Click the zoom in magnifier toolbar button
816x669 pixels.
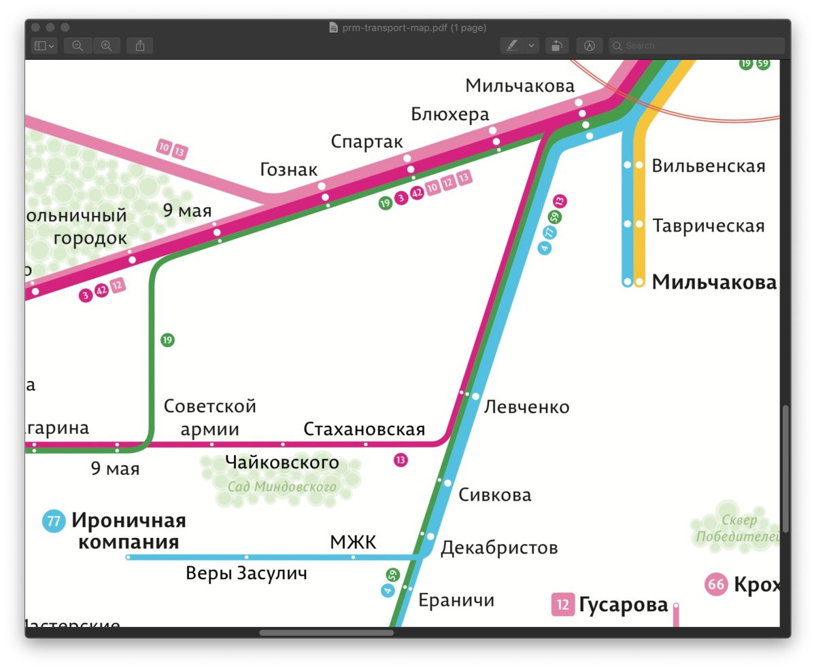[x=107, y=46]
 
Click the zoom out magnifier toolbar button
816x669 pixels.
[x=78, y=46]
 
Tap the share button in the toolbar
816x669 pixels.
[x=140, y=46]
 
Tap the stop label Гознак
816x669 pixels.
[x=288, y=170]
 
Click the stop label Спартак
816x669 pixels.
[x=367, y=141]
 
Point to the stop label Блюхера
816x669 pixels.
[x=449, y=115]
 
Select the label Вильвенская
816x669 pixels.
[x=708, y=166]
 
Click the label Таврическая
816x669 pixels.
[x=709, y=225]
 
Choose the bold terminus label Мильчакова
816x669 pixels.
[x=714, y=283]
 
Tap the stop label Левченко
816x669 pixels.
[x=526, y=407]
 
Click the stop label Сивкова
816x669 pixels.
[x=494, y=494]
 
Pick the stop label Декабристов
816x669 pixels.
[x=499, y=547]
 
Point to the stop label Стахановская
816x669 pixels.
[x=364, y=429]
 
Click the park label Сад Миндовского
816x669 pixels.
[x=282, y=487]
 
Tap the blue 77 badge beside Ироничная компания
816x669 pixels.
[x=53, y=522]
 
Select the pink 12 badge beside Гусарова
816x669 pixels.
[x=562, y=604]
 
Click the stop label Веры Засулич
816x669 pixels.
[x=246, y=573]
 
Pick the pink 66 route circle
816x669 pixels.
[x=716, y=584]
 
